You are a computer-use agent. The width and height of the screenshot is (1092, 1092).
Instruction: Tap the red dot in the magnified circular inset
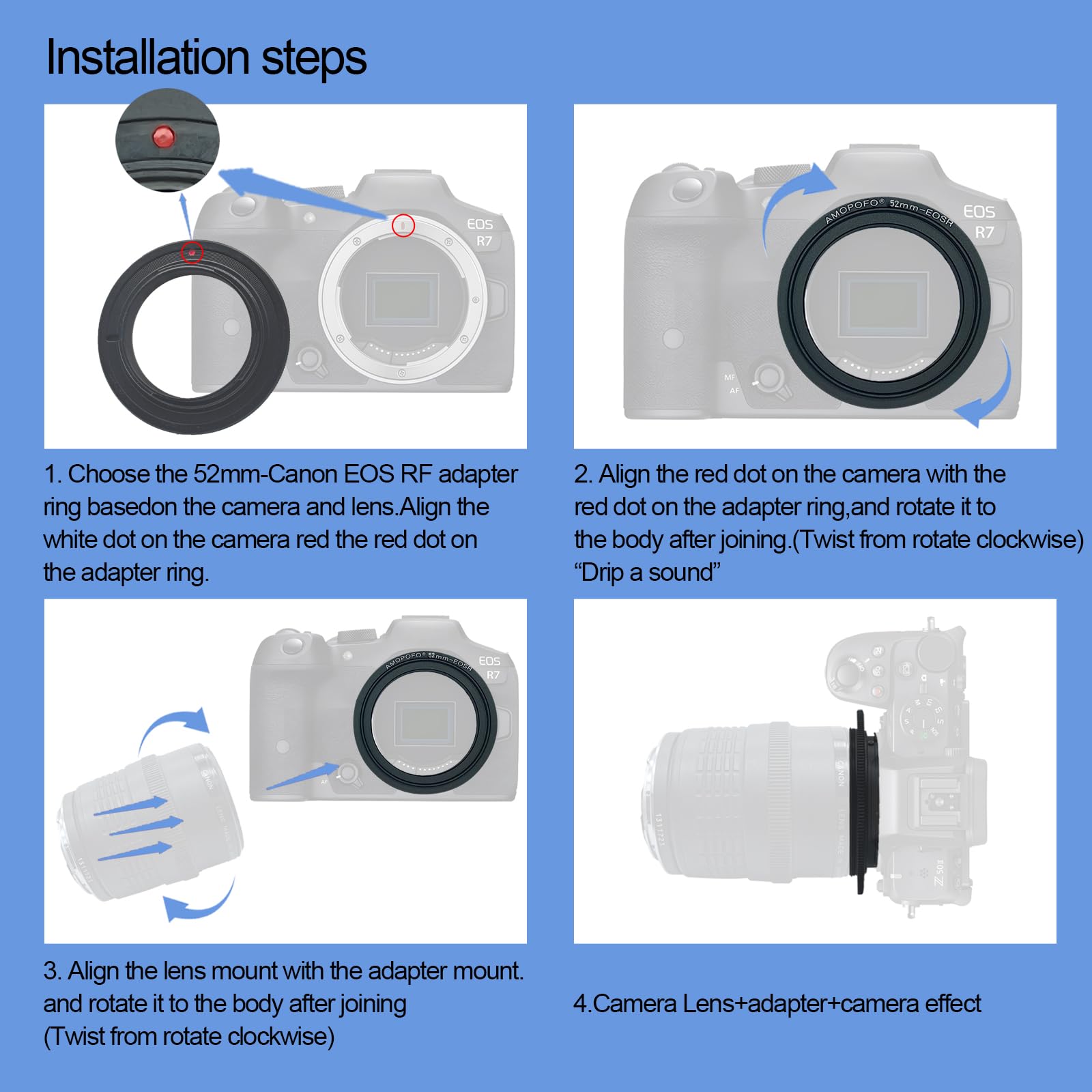tap(163, 136)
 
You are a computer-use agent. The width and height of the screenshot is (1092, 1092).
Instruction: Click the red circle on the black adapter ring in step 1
tap(192, 253)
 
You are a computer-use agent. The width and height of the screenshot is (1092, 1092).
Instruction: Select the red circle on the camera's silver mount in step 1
tap(403, 225)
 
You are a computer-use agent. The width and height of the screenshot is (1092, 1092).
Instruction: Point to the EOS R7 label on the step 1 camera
tap(480, 232)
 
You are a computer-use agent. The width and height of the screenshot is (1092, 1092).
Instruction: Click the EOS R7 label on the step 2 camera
tap(979, 221)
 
